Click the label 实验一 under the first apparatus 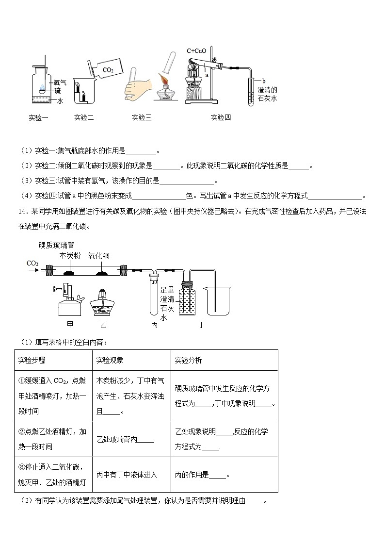[38, 117]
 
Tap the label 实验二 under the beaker [84, 117]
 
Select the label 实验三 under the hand [142, 117]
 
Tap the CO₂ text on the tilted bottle [108, 70]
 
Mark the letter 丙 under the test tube [154, 325]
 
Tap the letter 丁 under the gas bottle [201, 325]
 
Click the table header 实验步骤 [32, 360]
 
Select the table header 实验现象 [110, 360]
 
